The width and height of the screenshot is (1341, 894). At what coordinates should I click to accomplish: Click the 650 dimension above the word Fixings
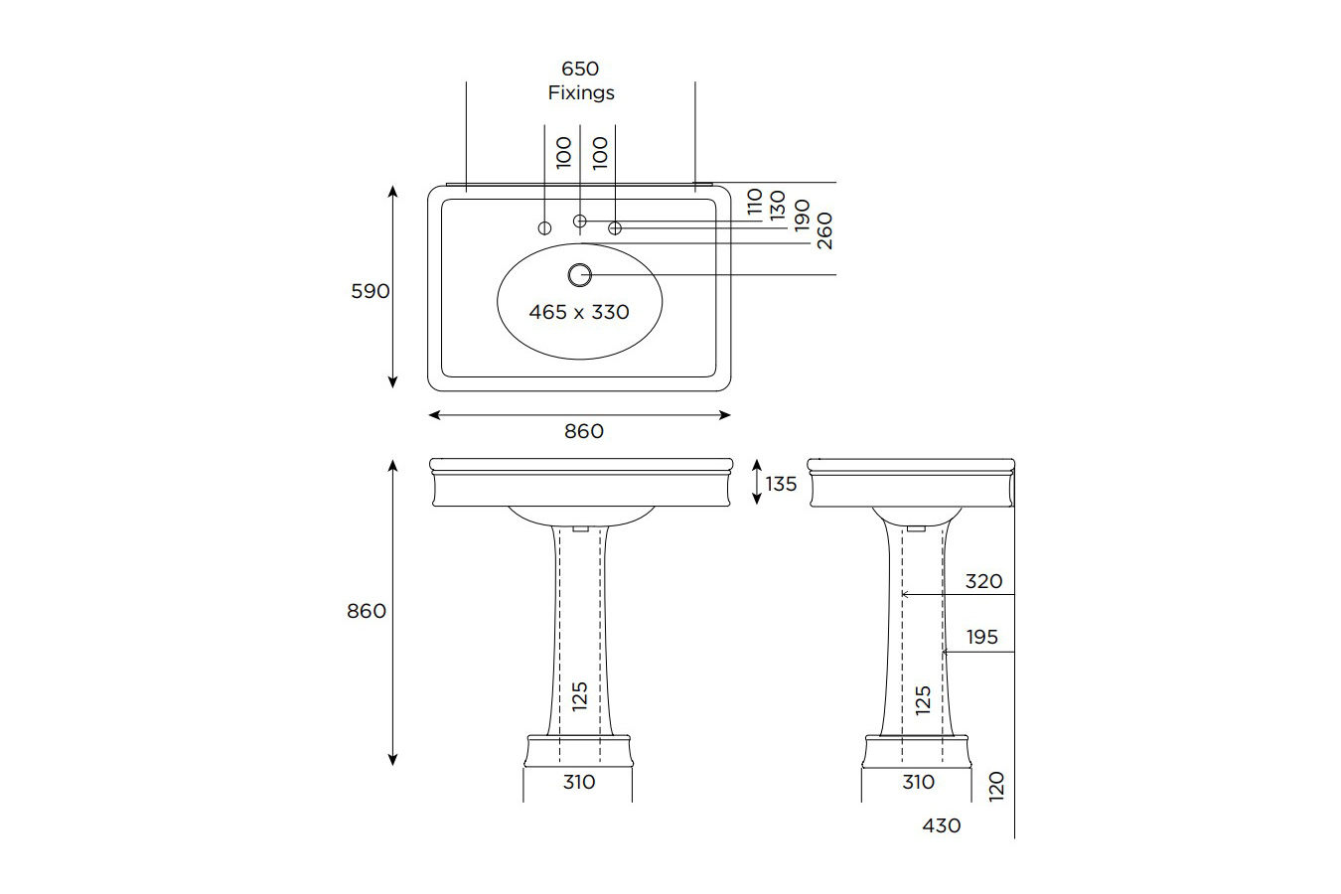click(x=580, y=69)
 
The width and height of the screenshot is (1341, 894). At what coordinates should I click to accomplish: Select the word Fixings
click(x=581, y=92)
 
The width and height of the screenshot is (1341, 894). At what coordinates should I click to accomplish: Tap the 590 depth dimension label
click(x=370, y=291)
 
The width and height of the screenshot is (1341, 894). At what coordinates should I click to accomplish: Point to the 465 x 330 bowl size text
click(x=579, y=312)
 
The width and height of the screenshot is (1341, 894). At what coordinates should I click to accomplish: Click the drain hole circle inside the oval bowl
click(x=579, y=274)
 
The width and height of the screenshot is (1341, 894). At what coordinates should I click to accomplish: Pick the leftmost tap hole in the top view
click(x=544, y=228)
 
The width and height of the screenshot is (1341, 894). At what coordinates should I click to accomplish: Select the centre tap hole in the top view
click(x=580, y=221)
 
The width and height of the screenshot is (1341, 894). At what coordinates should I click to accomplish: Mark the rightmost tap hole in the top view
click(x=615, y=228)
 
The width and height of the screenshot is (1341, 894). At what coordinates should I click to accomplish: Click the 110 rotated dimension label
click(x=755, y=202)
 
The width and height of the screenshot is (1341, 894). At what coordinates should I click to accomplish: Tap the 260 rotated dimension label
click(x=824, y=230)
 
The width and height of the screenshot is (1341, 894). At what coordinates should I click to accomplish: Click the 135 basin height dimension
click(x=781, y=484)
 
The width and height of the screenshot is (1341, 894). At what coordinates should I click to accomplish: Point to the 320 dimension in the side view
click(x=983, y=581)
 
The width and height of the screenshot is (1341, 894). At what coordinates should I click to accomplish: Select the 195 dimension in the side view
click(x=981, y=637)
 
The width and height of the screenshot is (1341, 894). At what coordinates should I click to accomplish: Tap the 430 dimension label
click(x=942, y=825)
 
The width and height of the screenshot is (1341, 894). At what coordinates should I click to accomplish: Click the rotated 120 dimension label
click(x=997, y=785)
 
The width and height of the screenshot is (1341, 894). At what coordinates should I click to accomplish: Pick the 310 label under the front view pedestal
click(x=579, y=782)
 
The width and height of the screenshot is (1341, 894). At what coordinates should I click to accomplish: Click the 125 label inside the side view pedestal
click(x=923, y=699)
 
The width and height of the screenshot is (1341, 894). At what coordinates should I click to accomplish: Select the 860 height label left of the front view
click(x=367, y=611)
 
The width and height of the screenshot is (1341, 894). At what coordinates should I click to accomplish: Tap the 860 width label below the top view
click(x=584, y=431)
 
